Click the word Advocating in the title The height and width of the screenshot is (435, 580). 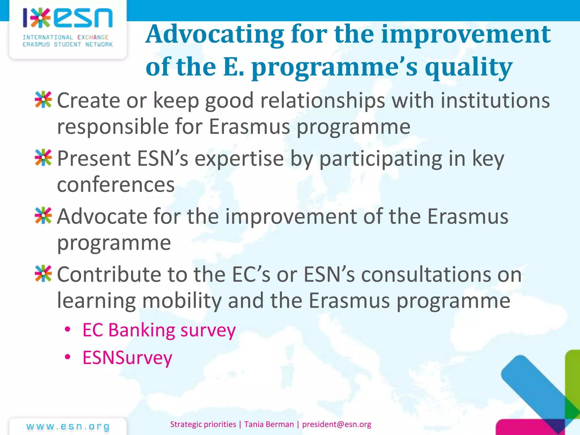215,35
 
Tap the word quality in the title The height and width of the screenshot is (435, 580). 468,67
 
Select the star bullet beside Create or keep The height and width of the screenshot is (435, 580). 43,100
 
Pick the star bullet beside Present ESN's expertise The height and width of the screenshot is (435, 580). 43,157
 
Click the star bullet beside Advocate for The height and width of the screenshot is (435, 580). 43,216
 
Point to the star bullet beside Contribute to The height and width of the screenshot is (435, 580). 43,274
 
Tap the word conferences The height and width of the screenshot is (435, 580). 116,185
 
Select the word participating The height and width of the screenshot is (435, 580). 381,159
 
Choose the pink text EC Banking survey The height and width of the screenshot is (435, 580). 159,330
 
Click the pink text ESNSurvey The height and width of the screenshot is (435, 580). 127,358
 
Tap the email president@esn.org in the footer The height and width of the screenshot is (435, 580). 336,424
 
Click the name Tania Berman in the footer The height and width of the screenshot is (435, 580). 269,424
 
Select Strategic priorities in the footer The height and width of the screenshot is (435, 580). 203,424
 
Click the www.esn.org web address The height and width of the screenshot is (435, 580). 68,427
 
